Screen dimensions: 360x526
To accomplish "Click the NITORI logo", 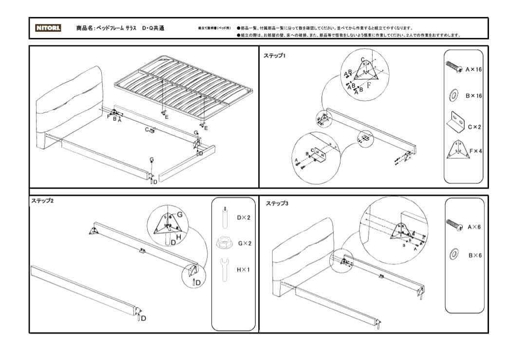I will click(48, 28).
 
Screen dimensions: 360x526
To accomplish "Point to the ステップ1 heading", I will click(275, 56).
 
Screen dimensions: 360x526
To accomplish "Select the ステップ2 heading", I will click(42, 201).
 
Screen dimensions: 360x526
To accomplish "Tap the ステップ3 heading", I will click(277, 203).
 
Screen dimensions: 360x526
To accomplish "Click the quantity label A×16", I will click(473, 70).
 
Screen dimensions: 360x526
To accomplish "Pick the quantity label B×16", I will click(473, 96).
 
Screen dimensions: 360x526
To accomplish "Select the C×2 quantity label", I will click(474, 127).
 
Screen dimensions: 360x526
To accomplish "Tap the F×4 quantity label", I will click(474, 151).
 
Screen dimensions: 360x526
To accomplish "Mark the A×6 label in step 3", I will click(474, 227).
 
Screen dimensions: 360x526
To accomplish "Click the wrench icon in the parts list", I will click(225, 269).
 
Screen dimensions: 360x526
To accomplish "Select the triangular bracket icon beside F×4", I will click(456, 150).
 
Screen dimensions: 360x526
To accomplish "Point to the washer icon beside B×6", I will click(454, 254).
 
